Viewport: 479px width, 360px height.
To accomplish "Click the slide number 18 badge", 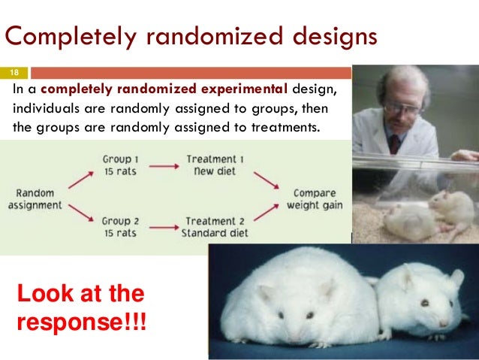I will pyautogui.click(x=14, y=73).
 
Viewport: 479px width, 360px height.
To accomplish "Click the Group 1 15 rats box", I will pyautogui.click(x=120, y=165).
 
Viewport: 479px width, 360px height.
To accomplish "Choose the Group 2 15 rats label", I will pyautogui.click(x=120, y=226).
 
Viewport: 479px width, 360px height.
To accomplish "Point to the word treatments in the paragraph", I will pyautogui.click(x=286, y=126).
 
